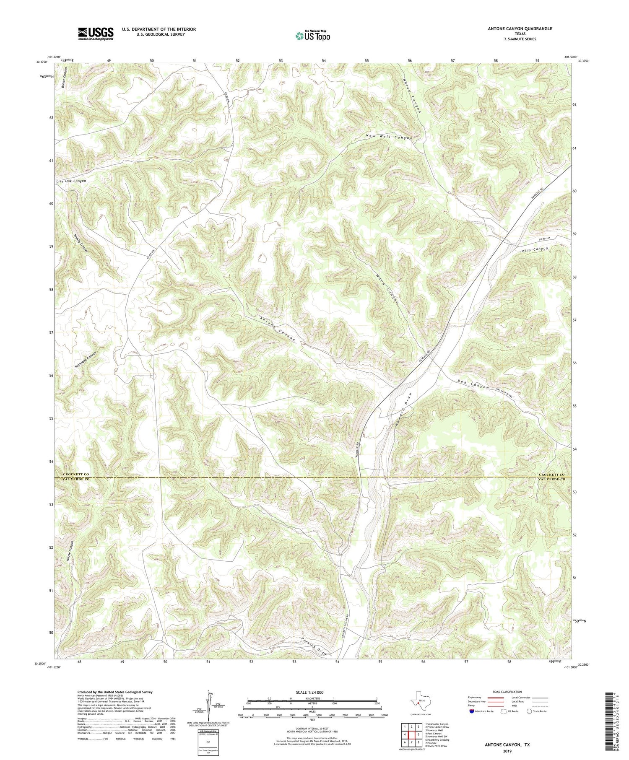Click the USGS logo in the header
[x=96, y=34]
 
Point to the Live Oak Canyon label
[x=71, y=181]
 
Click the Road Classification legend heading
[x=507, y=692]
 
